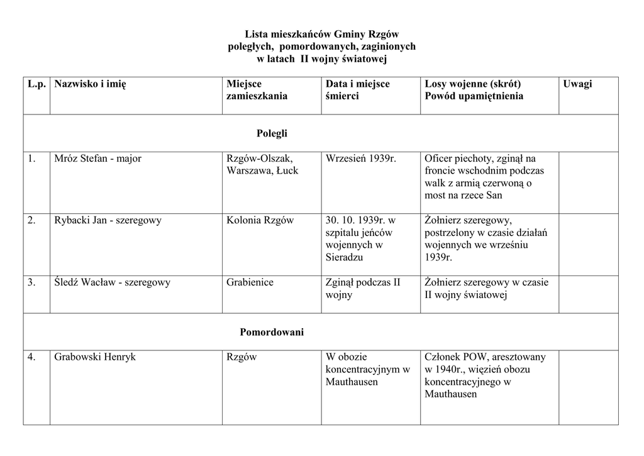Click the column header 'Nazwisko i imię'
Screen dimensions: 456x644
[90, 84]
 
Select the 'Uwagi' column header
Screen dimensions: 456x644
[577, 84]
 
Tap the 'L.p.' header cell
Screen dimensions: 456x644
[36, 84]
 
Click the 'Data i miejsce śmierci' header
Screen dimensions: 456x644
[357, 90]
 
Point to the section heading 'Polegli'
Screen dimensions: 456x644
[272, 133]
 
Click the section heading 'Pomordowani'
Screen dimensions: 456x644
[272, 332]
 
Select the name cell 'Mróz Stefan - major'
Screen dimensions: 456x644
[97, 158]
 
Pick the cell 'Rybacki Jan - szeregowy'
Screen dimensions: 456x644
[108, 220]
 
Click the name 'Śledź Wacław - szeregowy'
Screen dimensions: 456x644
[112, 282]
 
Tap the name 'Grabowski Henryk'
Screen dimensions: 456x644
[95, 357]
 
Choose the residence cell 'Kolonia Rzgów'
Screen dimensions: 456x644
[260, 220]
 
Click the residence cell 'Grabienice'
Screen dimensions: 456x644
[250, 282]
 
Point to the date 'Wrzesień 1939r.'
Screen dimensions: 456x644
[361, 158]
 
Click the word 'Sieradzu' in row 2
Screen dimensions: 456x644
[344, 257]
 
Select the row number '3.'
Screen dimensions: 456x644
[31, 282]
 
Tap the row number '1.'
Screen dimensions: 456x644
[31, 158]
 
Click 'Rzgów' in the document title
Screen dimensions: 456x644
[384, 34]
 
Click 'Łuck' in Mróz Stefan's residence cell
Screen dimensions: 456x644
[287, 170]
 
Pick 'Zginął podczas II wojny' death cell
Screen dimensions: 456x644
[362, 289]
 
